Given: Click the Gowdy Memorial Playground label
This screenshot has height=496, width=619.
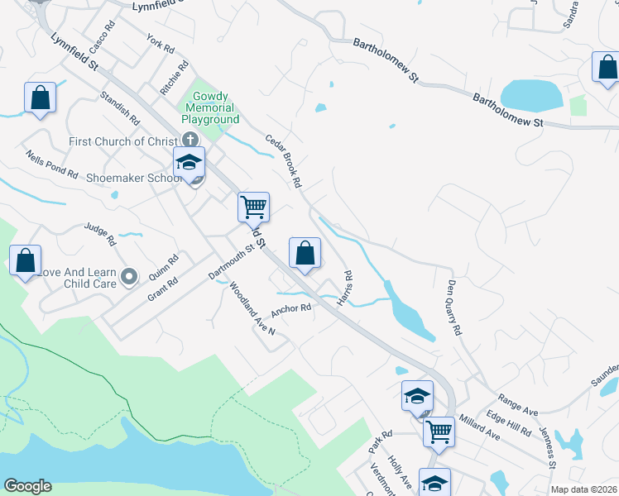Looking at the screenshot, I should click(210, 108).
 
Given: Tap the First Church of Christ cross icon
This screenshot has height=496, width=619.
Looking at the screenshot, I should click(190, 141).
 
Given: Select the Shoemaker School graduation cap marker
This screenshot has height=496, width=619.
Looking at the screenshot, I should click(189, 163).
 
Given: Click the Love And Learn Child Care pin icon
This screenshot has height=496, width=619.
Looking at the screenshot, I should click(128, 276).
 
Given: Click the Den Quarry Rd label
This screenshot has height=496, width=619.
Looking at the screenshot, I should click(453, 308).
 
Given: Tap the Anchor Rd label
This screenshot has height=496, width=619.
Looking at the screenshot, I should click(296, 308).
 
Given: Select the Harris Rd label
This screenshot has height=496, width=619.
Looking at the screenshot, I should click(348, 285).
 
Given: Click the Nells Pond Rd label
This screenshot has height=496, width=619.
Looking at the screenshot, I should click(51, 165).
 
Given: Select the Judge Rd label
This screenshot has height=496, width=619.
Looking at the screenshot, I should click(100, 233).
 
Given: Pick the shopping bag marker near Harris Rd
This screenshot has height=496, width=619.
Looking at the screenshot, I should click(305, 253).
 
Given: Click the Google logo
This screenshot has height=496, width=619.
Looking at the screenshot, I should click(26, 486).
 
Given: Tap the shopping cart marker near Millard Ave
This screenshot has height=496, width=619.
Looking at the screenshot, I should click(439, 431).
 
